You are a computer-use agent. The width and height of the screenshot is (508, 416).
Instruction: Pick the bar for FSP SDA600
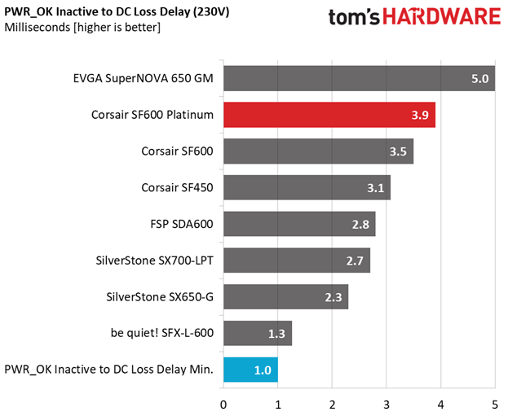(298, 224)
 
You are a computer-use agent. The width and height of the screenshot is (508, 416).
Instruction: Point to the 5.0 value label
(479, 79)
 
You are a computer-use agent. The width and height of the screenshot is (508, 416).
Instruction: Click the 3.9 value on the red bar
(421, 115)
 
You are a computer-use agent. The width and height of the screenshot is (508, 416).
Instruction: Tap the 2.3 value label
(334, 297)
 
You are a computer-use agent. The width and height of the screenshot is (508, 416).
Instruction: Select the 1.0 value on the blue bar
(263, 370)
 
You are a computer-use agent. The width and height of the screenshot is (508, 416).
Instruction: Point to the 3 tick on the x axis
(387, 403)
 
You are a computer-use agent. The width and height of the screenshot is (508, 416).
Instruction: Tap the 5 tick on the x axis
(495, 403)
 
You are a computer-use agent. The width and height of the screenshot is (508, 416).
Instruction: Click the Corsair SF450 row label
(177, 188)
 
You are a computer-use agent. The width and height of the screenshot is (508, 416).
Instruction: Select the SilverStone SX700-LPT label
(154, 261)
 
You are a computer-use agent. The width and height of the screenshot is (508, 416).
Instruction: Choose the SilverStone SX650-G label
(160, 297)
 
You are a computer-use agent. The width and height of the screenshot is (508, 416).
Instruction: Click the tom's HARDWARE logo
(414, 18)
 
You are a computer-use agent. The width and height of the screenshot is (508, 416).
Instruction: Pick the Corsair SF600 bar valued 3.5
(318, 151)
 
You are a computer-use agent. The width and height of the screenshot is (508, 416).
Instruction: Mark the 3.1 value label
(376, 188)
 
